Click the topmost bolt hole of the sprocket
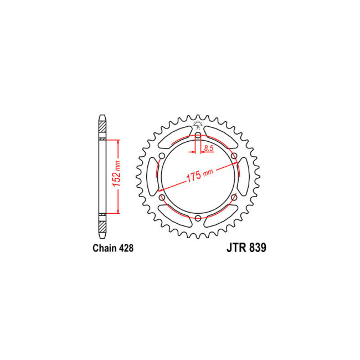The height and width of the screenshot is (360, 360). pyautogui.click(x=198, y=135)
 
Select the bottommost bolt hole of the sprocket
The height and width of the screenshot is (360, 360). pyautogui.click(x=198, y=218)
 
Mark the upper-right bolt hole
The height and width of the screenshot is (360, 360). pyautogui.click(x=234, y=156)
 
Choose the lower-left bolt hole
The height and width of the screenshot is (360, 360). pyautogui.click(x=162, y=197)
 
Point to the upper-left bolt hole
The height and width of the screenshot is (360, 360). pyautogui.click(x=162, y=156)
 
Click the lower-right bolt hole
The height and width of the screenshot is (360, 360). pyautogui.click(x=234, y=197)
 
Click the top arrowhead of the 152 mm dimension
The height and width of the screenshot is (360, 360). pyautogui.click(x=117, y=141)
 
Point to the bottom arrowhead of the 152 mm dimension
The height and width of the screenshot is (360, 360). pyautogui.click(x=117, y=212)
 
